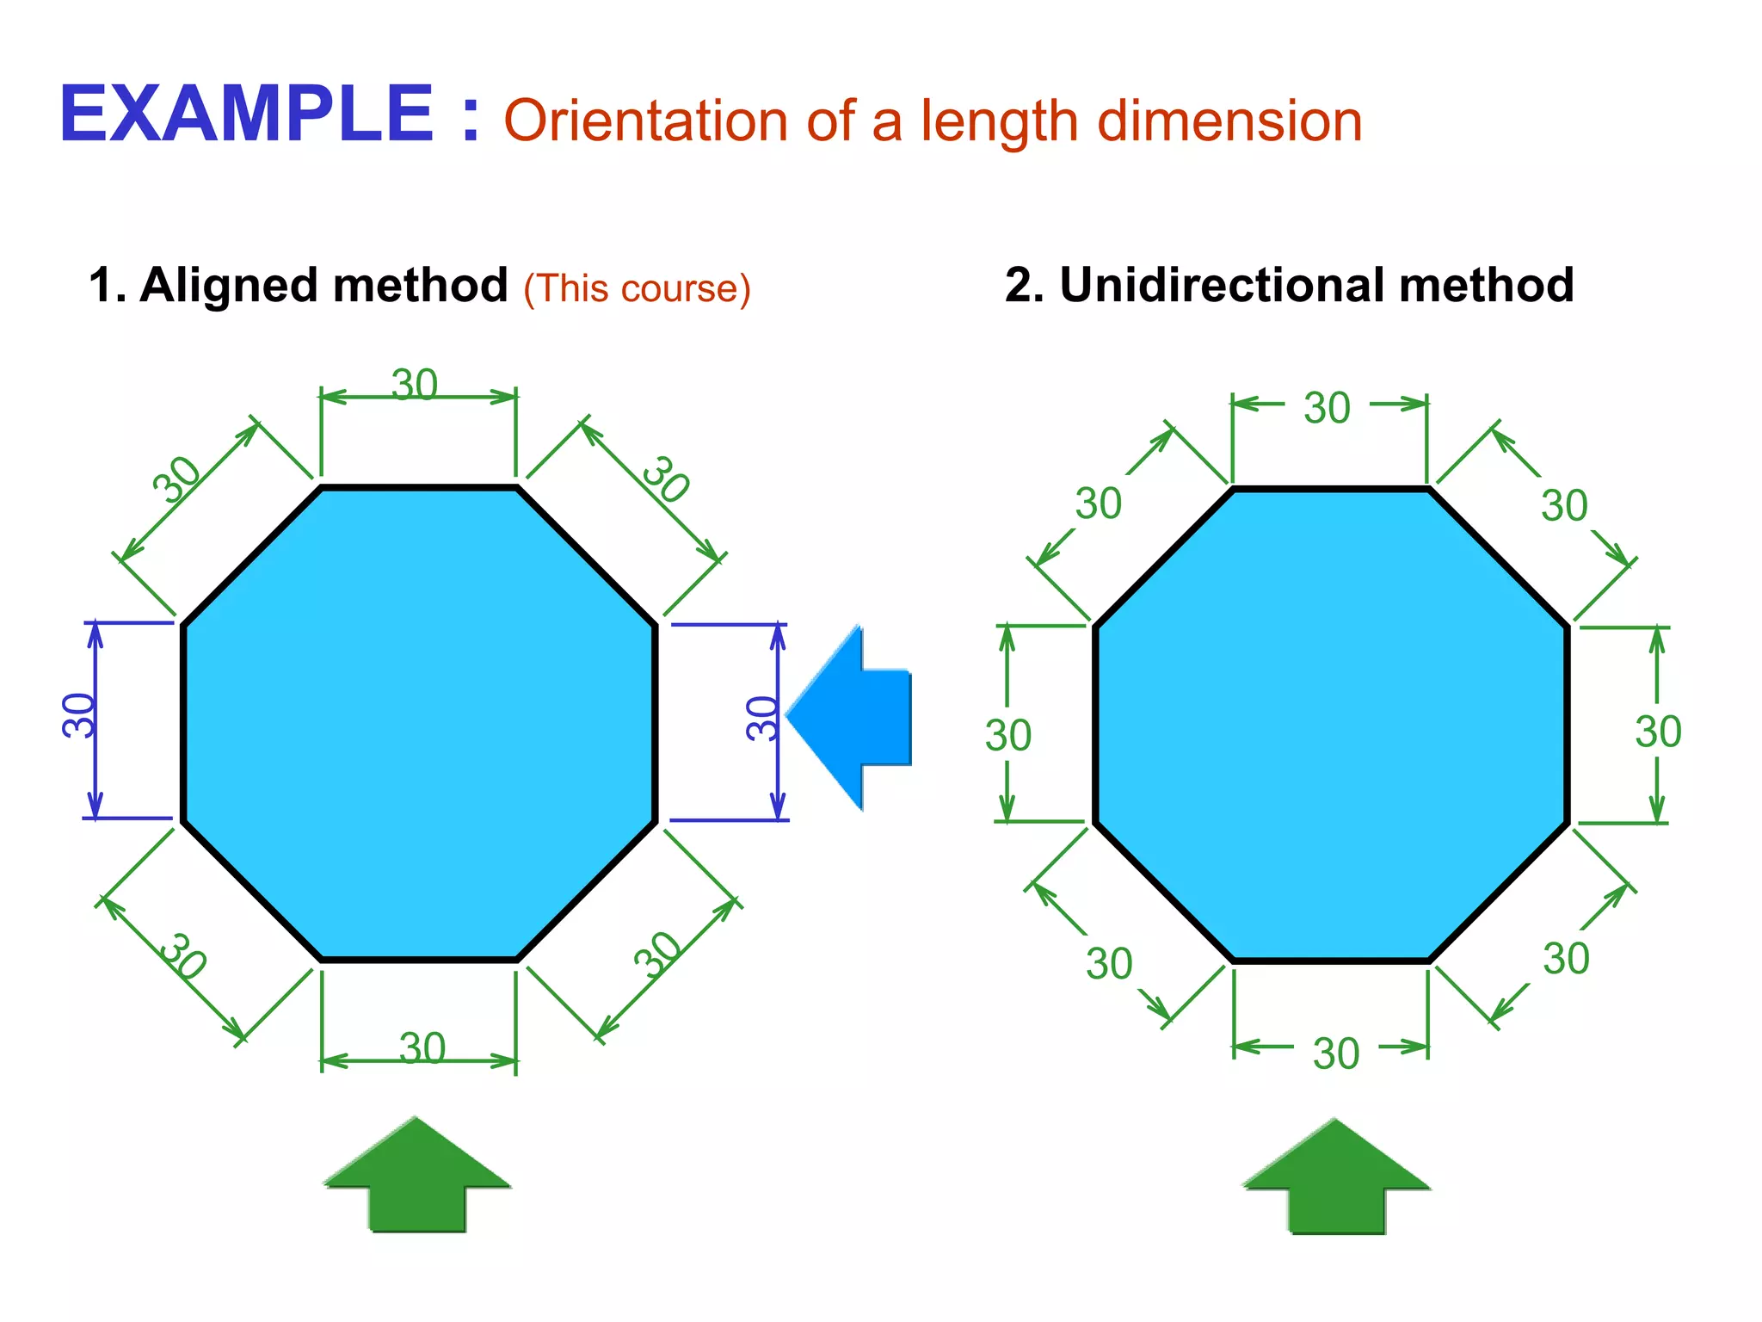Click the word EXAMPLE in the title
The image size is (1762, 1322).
point(246,114)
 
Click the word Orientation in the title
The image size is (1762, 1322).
point(644,120)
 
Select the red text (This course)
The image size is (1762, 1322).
point(637,288)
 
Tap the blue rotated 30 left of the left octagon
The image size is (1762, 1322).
point(78,715)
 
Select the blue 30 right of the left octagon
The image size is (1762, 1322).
point(762,719)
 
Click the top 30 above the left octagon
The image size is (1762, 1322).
point(415,384)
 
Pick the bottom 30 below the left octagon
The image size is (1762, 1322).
point(422,1048)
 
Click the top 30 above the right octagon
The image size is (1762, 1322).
point(1327,408)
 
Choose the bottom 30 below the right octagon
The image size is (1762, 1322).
point(1335,1053)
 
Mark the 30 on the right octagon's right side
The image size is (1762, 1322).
point(1658,732)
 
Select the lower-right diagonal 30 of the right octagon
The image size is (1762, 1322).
point(1565,959)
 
